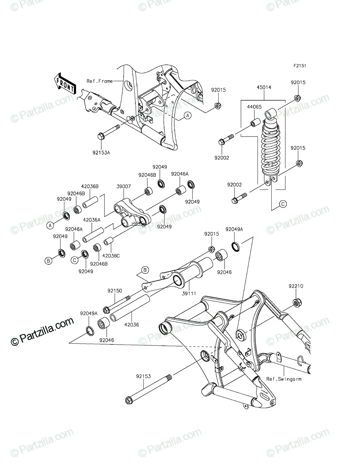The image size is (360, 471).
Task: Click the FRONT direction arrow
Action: pyautogui.click(x=64, y=84)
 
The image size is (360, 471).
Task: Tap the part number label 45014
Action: pyautogui.click(x=264, y=88)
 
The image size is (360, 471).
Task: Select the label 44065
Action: pyautogui.click(x=254, y=107)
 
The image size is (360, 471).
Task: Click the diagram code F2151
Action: pyautogui.click(x=300, y=66)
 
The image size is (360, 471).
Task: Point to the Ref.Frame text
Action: pyautogui.click(x=100, y=81)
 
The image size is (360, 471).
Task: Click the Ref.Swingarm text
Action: pyautogui.click(x=284, y=379)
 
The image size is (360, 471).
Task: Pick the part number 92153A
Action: pyautogui.click(x=101, y=153)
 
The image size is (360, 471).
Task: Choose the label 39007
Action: pyautogui.click(x=124, y=186)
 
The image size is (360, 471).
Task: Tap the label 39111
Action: pyautogui.click(x=189, y=294)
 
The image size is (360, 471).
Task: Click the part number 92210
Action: pyautogui.click(x=296, y=286)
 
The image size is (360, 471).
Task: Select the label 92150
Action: pyautogui.click(x=115, y=291)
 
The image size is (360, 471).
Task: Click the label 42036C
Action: pyautogui.click(x=111, y=256)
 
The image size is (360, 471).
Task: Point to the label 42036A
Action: pyautogui.click(x=91, y=220)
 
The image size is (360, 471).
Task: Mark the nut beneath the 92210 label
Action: pyautogui.click(x=297, y=302)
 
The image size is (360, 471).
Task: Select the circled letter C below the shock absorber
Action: pyautogui.click(x=283, y=204)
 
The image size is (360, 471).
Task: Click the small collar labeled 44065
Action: pyautogui.click(x=256, y=122)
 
